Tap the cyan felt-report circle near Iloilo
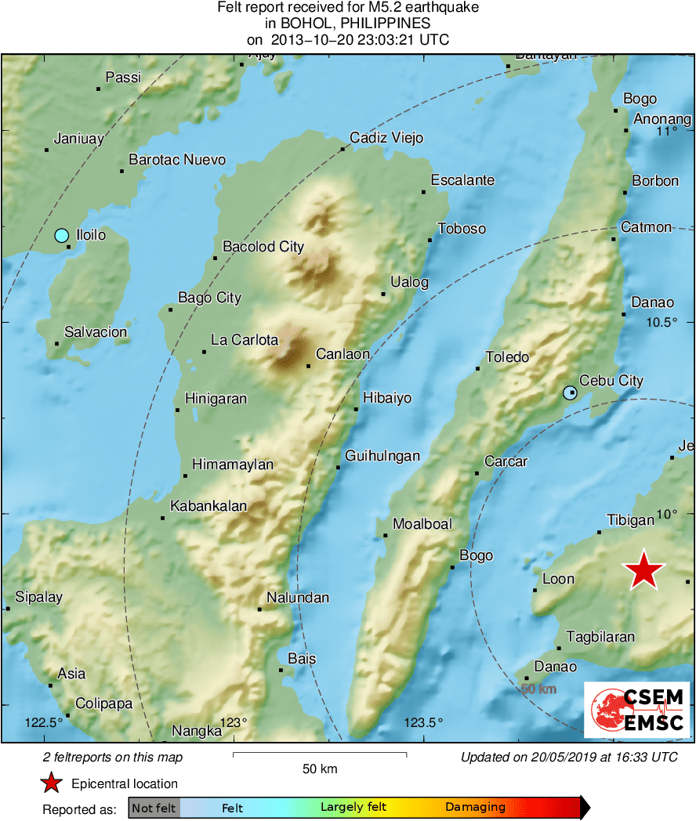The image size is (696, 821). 62,235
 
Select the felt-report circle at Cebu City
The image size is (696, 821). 570,393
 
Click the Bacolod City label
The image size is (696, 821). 263,247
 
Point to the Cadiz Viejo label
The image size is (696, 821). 386,138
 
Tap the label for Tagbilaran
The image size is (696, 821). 600,637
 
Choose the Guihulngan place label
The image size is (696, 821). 383,456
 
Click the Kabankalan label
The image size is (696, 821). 208,506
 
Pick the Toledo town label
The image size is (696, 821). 507,357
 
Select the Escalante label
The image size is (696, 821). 462,180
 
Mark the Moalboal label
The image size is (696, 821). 422,523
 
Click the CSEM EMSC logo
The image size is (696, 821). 636,710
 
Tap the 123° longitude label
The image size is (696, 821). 233,722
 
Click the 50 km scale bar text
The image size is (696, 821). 320,769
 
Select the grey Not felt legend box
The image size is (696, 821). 154,808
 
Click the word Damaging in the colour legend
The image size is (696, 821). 476,808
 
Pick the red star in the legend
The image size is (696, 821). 52,783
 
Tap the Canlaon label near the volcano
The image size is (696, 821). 343,354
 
